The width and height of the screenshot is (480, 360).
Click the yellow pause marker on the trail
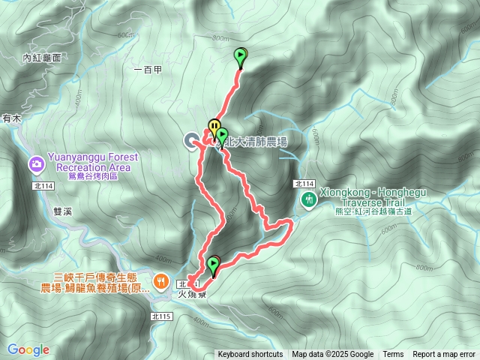(214, 125)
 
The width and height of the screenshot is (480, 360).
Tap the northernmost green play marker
(240, 55)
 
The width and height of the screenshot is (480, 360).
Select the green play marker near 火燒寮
(214, 264)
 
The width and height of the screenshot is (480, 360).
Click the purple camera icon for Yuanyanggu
(36, 163)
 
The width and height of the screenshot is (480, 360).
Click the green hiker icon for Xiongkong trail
(308, 199)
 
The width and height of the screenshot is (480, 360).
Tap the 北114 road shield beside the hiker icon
(304, 184)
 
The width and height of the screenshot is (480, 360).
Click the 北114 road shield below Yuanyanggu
(43, 185)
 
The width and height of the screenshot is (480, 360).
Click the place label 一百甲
(147, 70)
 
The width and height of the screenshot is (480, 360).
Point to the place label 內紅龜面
(41, 57)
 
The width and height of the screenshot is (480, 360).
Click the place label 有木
(11, 118)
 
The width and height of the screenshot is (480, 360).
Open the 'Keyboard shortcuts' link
(250, 355)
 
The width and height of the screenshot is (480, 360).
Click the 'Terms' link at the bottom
(393, 355)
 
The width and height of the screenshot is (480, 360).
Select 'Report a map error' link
(444, 355)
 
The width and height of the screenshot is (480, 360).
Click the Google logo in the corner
(28, 349)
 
